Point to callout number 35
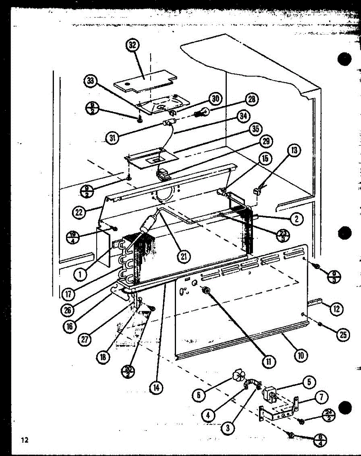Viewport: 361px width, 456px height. pyautogui.click(x=255, y=129)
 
